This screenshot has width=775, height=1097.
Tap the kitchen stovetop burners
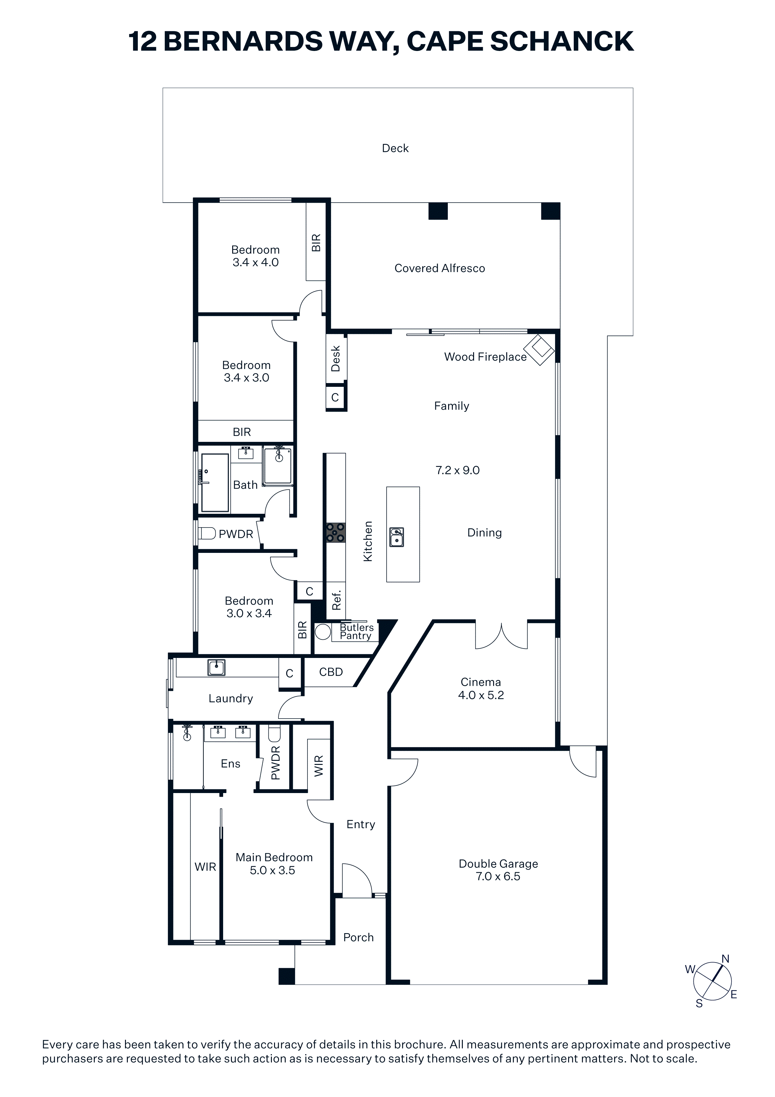pos(335,533)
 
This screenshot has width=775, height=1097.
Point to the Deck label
pos(395,148)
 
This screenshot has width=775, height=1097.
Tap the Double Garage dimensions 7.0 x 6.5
pos(498,876)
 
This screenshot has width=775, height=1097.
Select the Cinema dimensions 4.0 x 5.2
pos(481,695)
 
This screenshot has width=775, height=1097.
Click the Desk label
pos(336,358)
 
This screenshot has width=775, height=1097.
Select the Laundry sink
pos(216,667)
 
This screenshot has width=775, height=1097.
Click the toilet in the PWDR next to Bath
pos(207,533)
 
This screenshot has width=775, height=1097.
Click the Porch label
pos(359,938)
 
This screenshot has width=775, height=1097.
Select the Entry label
pos(361,824)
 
